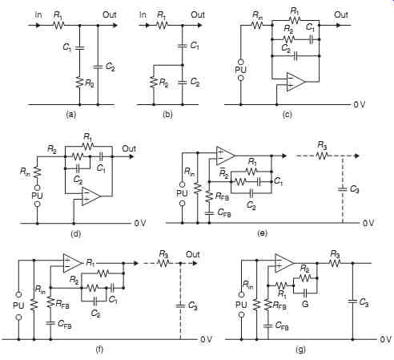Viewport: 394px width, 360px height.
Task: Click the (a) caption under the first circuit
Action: (70, 115)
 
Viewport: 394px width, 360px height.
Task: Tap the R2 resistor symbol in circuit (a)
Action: (79, 82)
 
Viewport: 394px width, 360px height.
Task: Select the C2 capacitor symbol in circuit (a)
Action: (98, 67)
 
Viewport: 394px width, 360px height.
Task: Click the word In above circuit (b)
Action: (143, 14)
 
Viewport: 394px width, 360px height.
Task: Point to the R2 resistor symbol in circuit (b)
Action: (154, 82)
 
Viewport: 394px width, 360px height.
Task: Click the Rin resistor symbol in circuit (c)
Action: (257, 26)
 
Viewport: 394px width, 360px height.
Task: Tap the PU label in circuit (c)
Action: (240, 70)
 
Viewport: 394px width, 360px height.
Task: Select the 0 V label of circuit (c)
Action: (360, 104)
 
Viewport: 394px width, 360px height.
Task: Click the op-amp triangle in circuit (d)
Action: (91, 196)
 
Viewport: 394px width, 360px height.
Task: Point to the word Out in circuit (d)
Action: (129, 148)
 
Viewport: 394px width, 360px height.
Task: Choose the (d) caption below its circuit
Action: (75, 234)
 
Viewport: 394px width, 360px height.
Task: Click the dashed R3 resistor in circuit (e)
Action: (322, 156)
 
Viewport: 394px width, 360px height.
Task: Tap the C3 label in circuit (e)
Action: (354, 189)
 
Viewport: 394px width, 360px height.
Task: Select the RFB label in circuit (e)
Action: (222, 196)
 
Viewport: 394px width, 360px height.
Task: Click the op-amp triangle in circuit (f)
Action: (72, 263)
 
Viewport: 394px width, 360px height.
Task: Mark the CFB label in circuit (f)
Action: (65, 324)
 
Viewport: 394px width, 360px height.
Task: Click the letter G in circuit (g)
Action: (305, 304)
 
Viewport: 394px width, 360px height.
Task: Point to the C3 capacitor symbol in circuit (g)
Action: (352, 301)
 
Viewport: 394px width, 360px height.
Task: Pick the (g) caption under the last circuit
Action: (301, 350)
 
